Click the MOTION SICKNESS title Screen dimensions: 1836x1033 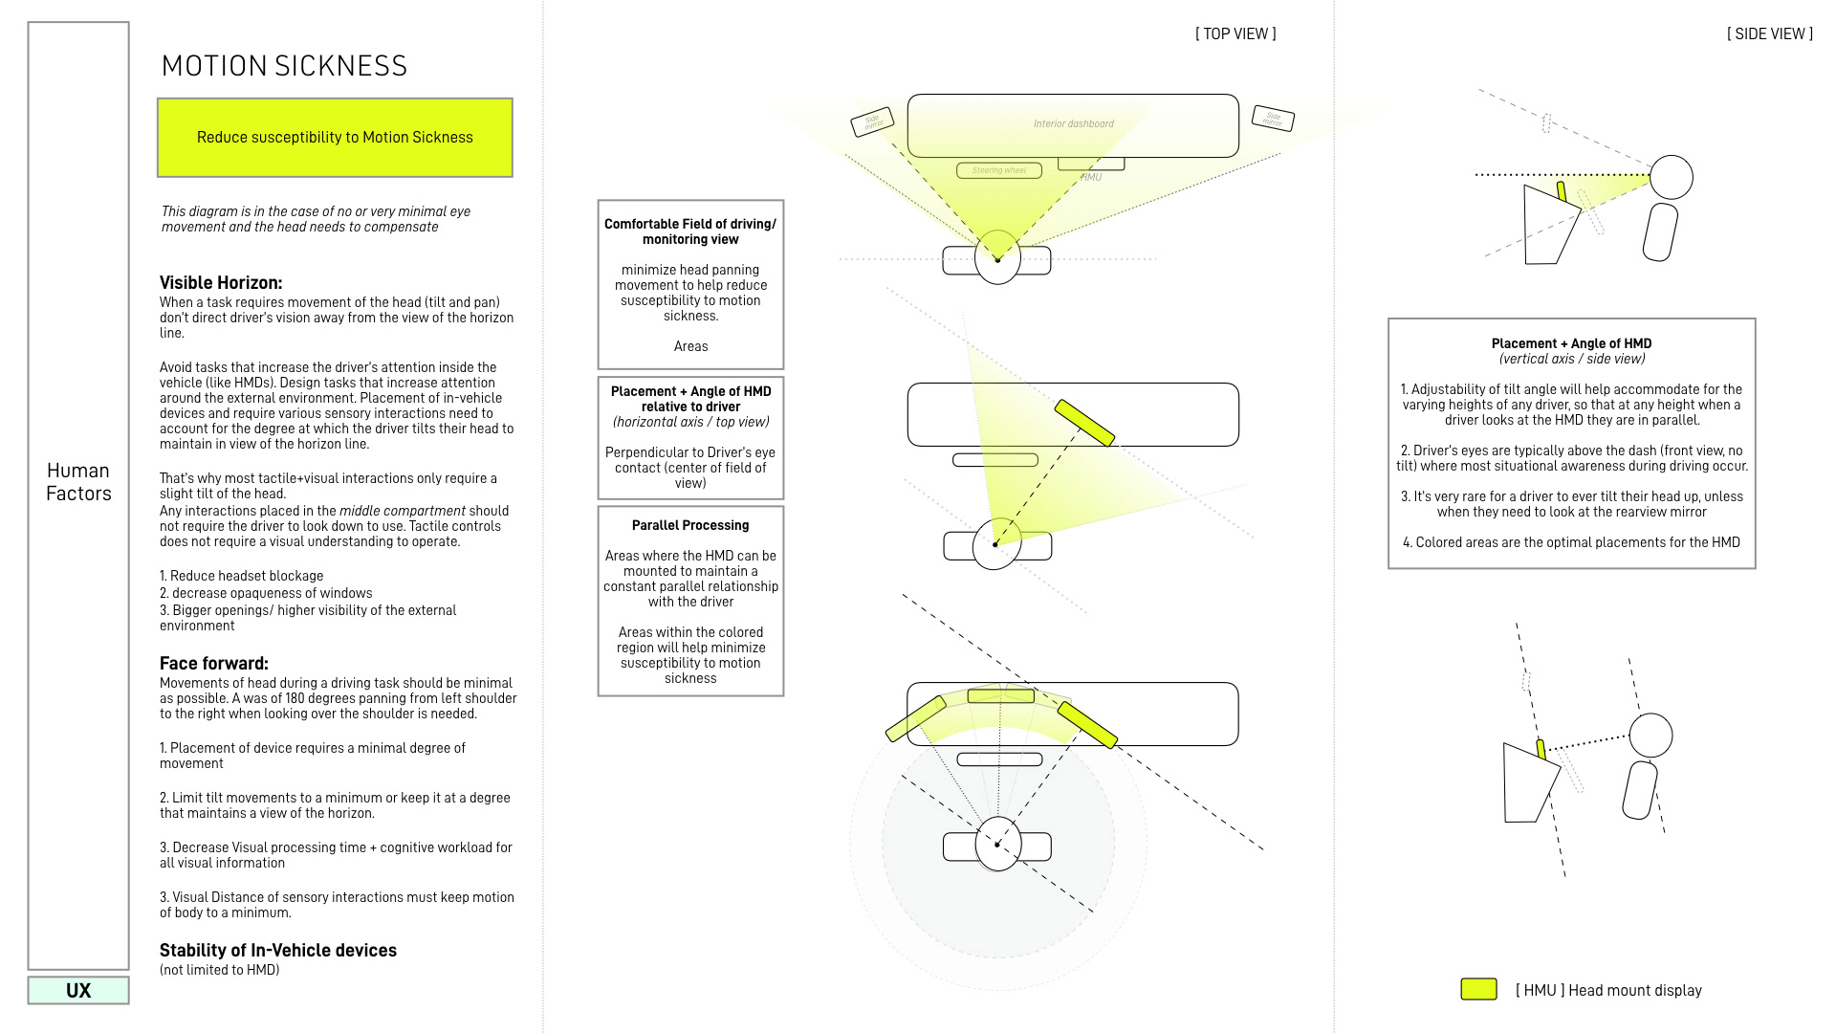click(x=284, y=66)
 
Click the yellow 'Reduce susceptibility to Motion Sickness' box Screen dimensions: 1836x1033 click(x=335, y=138)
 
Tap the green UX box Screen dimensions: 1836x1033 click(x=78, y=991)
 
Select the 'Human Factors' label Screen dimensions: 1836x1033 click(x=78, y=482)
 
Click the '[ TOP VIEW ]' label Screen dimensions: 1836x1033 click(x=1235, y=34)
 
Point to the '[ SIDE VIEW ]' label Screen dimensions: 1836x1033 click(x=1769, y=34)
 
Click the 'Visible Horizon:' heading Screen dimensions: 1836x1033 click(x=221, y=283)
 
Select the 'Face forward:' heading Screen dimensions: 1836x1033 click(x=213, y=664)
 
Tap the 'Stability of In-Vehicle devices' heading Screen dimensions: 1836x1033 click(x=277, y=951)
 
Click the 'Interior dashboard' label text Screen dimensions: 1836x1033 click(x=1073, y=124)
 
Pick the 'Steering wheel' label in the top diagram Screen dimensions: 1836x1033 click(x=998, y=171)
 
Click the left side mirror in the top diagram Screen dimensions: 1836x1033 click(x=872, y=121)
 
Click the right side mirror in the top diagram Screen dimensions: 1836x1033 click(x=1273, y=119)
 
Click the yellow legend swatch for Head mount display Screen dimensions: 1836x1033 click(x=1478, y=990)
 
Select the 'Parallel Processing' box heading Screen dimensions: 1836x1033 click(x=690, y=526)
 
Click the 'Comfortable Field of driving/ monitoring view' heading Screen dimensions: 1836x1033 click(x=690, y=231)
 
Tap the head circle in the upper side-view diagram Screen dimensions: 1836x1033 click(x=1672, y=177)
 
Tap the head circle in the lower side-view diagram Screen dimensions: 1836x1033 click(x=1650, y=736)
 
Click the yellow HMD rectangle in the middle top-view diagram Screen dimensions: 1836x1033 click(x=1084, y=423)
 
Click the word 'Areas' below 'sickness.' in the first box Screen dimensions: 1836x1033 click(x=690, y=347)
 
